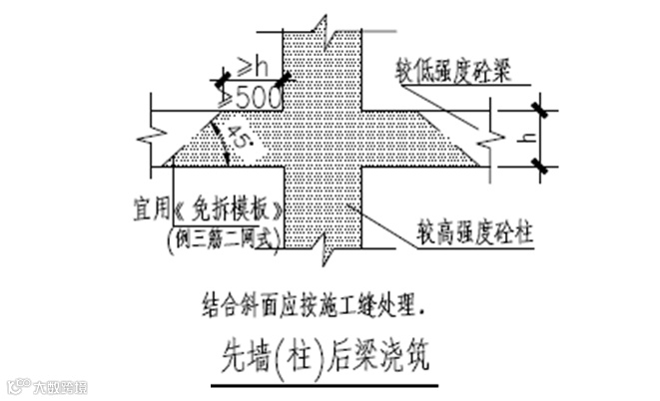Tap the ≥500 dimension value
[251, 99]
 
